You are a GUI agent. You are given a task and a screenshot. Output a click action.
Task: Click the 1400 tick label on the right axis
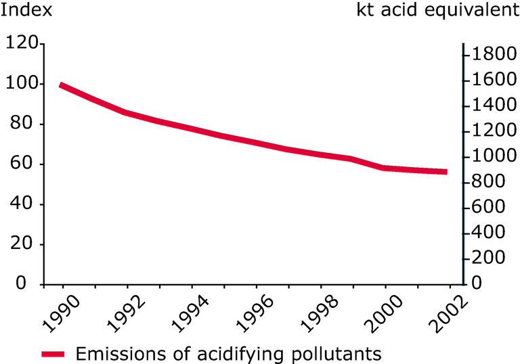(489, 106)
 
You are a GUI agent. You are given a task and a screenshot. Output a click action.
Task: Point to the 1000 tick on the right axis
(489, 156)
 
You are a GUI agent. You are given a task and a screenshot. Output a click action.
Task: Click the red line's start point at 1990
(61, 85)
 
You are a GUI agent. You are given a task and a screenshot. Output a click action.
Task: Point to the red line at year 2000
(385, 168)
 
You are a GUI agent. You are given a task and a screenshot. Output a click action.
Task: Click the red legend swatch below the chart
(53, 353)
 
